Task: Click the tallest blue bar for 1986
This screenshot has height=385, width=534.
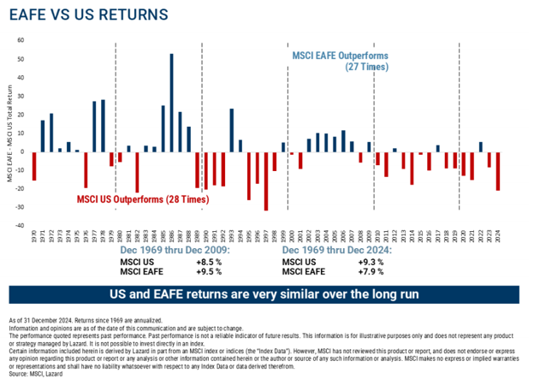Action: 172,104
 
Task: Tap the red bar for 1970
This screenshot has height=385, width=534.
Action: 34,167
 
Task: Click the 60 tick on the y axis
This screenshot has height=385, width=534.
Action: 21,40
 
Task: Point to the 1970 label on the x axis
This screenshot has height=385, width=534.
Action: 34,236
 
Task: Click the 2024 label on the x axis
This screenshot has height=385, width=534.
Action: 497,236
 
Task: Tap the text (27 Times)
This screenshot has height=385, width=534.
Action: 366,67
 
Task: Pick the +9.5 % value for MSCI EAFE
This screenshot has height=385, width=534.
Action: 209,271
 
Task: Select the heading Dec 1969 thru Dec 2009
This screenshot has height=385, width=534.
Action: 168,250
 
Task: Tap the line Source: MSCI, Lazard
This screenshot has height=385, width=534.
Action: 38,374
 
